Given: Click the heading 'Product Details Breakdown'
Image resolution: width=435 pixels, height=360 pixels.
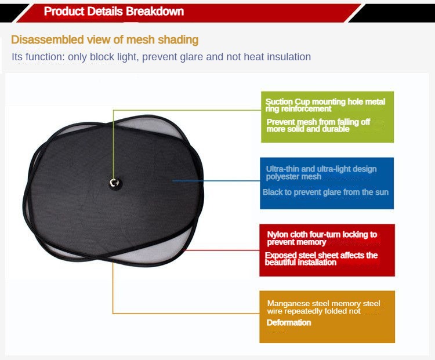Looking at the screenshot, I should [114, 12].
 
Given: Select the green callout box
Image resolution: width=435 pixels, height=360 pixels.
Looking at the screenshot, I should [327, 117].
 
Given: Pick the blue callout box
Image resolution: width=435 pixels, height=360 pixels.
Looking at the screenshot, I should [327, 183].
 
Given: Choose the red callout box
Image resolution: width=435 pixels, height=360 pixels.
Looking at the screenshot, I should [327, 250].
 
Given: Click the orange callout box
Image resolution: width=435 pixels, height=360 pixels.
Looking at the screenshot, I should [327, 317].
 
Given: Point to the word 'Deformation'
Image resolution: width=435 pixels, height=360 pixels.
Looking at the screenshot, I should [289, 322].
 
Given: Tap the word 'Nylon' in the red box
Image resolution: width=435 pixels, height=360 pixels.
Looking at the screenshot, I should [278, 235].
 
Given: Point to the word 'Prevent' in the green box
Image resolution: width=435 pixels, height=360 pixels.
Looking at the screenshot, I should [281, 122].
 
